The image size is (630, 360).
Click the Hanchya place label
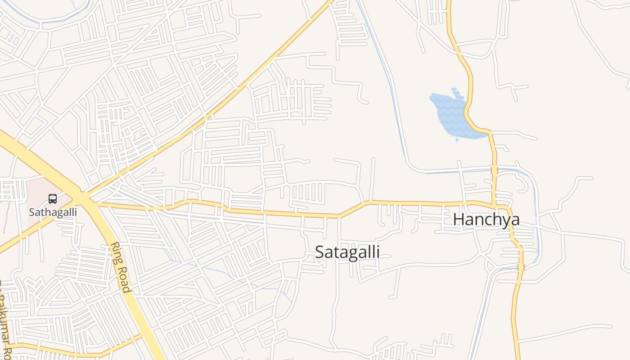pyautogui.click(x=486, y=220)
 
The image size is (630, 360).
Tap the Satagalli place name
pyautogui.click(x=347, y=252)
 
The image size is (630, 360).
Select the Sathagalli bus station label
pyautogui.click(x=53, y=212)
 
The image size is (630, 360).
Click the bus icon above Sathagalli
pyautogui.click(x=53, y=198)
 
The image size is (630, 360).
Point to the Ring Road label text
pyautogui.click(x=121, y=267)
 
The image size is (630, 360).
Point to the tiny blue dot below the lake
pyautogui.click(x=457, y=140)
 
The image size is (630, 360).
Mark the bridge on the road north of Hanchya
pyautogui.click(x=494, y=171)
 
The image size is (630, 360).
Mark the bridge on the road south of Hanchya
pyautogui.click(x=521, y=268)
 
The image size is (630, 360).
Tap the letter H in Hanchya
pyautogui.click(x=459, y=220)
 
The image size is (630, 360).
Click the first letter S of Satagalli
pyautogui.click(x=319, y=252)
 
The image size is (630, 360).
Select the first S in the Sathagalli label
pyautogui.click(x=31, y=212)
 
